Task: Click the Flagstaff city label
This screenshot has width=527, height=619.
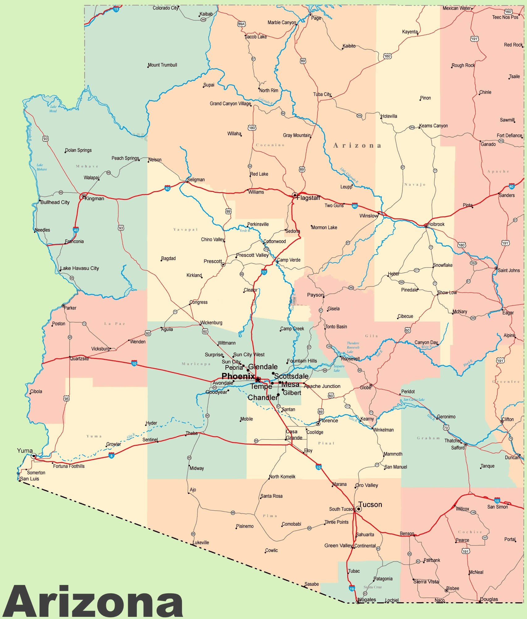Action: pyautogui.click(x=308, y=198)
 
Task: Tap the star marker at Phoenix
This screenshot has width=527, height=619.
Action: pyautogui.click(x=258, y=379)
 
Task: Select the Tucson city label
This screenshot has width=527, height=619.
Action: pyautogui.click(x=370, y=504)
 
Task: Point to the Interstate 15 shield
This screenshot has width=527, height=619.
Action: pyautogui.click(x=116, y=9)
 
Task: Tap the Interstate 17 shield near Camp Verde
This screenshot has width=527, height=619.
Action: pyautogui.click(x=264, y=272)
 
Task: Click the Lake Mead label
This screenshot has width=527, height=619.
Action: pyautogui.click(x=53, y=109)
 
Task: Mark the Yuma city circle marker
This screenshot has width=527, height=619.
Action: pyautogui.click(x=34, y=456)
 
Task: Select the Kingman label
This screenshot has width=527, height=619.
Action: pyautogui.click(x=94, y=199)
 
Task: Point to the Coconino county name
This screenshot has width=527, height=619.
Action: pyautogui.click(x=270, y=145)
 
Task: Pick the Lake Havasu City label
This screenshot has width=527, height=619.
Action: pyautogui.click(x=79, y=268)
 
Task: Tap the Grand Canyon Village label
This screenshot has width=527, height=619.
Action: pyautogui.click(x=230, y=103)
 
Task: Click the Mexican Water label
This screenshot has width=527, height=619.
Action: pyautogui.click(x=457, y=8)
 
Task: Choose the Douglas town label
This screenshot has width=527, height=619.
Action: pyautogui.click(x=489, y=599)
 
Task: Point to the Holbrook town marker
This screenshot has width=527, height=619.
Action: pyautogui.click(x=426, y=226)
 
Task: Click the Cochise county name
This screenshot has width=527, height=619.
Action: pyautogui.click(x=470, y=532)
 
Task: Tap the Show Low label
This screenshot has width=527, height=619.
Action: pyautogui.click(x=447, y=293)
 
